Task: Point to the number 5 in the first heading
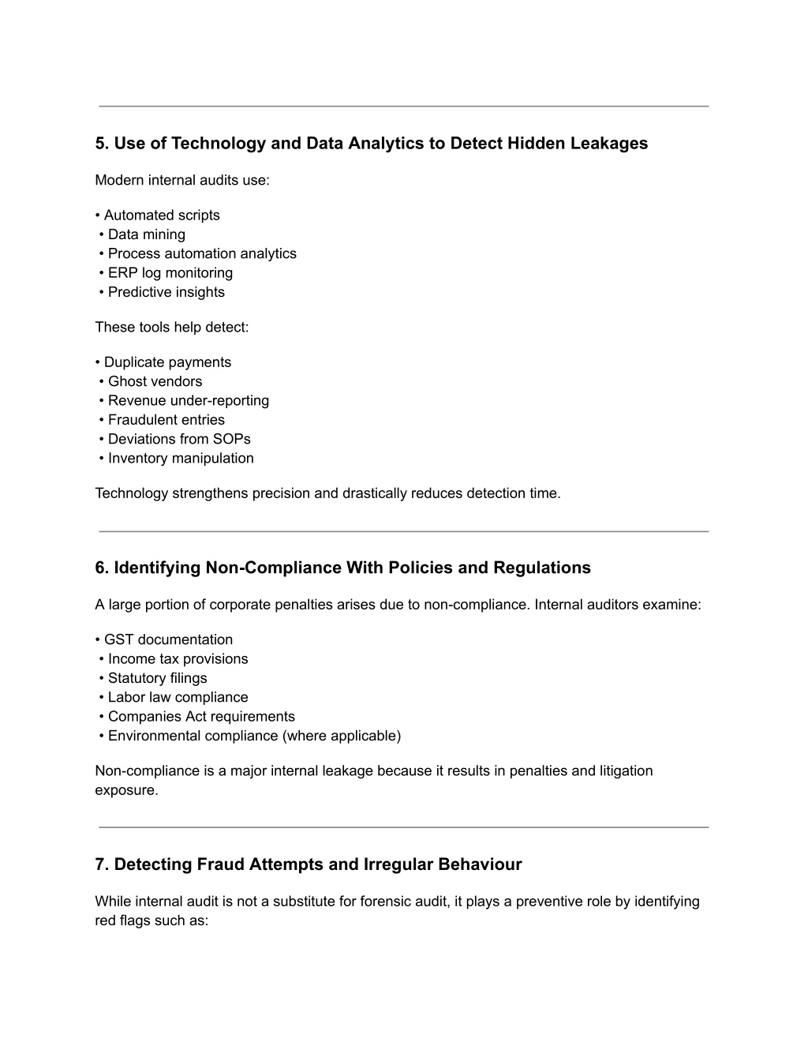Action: point(100,144)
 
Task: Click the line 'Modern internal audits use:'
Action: point(182,180)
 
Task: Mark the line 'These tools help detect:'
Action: point(172,327)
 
